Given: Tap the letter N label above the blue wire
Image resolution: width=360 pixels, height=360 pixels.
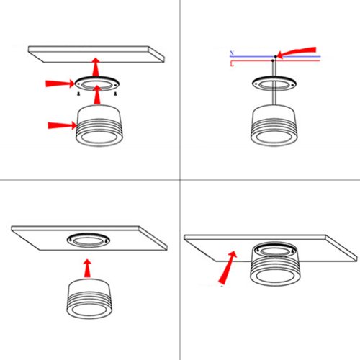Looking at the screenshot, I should (x=231, y=53).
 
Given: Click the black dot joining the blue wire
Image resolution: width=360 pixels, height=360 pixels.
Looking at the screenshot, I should (x=275, y=56).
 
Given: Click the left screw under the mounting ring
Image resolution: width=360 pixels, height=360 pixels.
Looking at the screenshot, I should (x=78, y=93).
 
